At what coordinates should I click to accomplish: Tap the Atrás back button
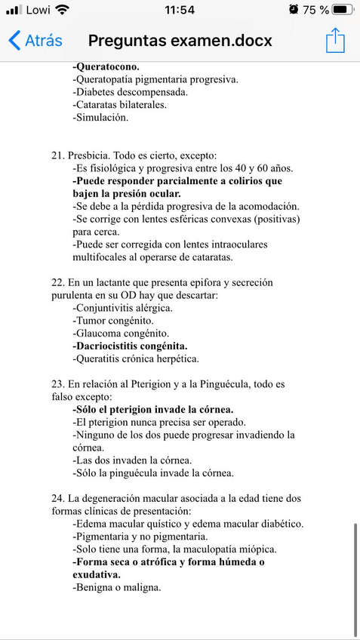[35, 40]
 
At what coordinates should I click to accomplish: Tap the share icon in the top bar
[335, 40]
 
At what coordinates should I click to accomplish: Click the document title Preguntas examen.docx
[180, 40]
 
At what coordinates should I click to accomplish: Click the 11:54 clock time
[179, 10]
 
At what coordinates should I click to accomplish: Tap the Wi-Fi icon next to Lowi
[62, 10]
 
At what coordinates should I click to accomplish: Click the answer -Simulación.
[100, 118]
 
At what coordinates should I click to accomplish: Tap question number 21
[58, 155]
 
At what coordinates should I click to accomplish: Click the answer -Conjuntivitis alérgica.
[123, 308]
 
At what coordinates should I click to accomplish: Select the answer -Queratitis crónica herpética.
[136, 359]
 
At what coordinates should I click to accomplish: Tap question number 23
[58, 385]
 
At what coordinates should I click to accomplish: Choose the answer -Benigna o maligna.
[117, 588]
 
